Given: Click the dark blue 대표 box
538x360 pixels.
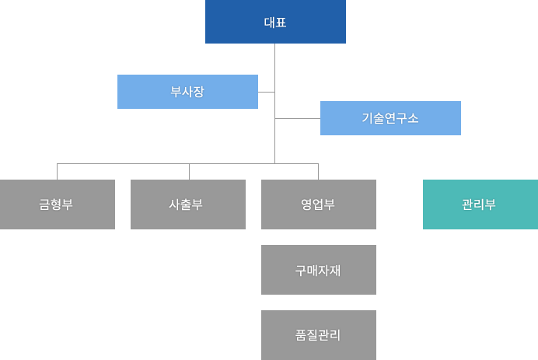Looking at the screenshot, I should point(275,22).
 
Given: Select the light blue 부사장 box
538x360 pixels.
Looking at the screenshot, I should point(187,92).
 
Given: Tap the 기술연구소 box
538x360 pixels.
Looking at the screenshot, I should point(390,118).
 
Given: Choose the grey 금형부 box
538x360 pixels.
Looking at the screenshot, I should point(57,204).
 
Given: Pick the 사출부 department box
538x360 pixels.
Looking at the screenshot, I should point(187,204).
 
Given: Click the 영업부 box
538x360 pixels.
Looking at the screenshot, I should point(318,204).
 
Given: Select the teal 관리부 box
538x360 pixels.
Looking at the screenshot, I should point(480,204).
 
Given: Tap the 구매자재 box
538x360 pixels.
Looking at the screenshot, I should point(318,270).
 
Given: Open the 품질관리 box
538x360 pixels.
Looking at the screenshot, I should point(318,335).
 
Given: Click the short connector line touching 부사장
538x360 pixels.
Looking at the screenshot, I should point(267,92).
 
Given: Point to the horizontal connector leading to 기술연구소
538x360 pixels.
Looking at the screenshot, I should point(298,118).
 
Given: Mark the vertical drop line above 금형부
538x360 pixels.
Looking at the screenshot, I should point(57,172).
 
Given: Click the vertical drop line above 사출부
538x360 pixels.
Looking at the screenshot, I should point(189,172).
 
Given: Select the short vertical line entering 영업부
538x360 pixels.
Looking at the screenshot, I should point(318,172).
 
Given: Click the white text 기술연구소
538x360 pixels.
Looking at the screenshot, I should point(390,118).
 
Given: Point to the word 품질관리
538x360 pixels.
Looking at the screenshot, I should point(318,335).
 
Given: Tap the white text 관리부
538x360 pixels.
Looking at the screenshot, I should point(480,205).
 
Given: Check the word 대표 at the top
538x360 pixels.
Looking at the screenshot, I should point(275,23).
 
